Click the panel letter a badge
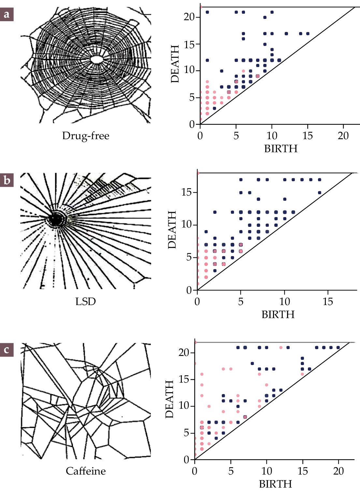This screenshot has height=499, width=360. pos(7,15)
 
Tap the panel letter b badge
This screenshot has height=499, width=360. pos(7,180)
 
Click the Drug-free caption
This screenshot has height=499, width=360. pos(86,136)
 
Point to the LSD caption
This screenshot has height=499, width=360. pos(86,301)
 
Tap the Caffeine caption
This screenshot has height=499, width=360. pos(86,471)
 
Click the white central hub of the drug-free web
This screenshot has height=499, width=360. pos(96,59)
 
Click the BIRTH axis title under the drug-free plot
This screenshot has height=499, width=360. pos(281,149)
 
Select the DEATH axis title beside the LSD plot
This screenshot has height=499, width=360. pos(172,230)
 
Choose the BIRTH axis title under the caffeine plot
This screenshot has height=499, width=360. pos(275,484)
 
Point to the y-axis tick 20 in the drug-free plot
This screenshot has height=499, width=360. pos(189,17)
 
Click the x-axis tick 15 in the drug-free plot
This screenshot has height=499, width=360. pos(308,136)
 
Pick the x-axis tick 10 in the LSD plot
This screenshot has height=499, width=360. pos(284,301)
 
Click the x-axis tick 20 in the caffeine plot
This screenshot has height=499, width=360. pos(338,471)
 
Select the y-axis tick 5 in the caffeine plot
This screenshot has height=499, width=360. pos(186,433)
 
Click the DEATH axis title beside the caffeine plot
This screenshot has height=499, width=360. pos(169,399)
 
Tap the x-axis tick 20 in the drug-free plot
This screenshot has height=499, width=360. pos(343,136)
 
